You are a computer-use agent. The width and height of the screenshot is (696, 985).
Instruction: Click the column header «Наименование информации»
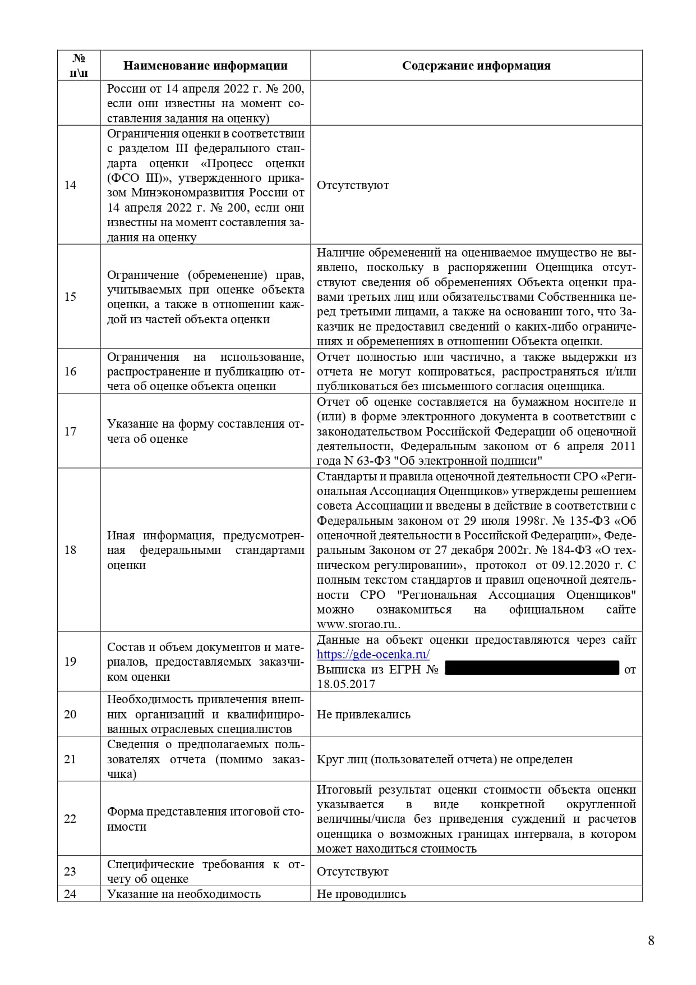point(205,66)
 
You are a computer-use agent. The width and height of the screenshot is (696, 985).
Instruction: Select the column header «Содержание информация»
point(476,66)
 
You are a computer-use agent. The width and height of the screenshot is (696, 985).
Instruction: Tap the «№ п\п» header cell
point(79,66)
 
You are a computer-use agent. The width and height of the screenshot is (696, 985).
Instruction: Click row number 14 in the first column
point(70,185)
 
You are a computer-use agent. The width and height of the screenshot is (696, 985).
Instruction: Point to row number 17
point(70,431)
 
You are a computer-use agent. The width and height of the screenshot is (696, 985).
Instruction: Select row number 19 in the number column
point(70,662)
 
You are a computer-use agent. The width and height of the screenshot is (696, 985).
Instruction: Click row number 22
point(70,819)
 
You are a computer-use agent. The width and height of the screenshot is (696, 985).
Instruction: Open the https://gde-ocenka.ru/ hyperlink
point(373,654)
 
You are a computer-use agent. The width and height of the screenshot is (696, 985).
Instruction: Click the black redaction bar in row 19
point(532,668)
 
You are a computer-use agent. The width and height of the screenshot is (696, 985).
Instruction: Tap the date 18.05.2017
point(346,684)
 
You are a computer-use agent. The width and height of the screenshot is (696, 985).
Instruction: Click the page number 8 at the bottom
point(651,941)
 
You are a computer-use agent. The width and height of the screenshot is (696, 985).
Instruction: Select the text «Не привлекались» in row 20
point(363,714)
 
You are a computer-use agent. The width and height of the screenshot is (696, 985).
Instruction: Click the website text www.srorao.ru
point(357,625)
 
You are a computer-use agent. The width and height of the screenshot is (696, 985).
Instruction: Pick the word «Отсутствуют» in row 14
point(353,185)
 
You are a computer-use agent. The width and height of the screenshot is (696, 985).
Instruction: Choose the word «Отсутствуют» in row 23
point(353,872)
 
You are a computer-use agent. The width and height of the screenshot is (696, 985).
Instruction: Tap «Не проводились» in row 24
point(361,894)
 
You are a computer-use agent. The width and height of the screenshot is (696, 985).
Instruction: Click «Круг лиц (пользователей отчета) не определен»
point(445,759)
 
